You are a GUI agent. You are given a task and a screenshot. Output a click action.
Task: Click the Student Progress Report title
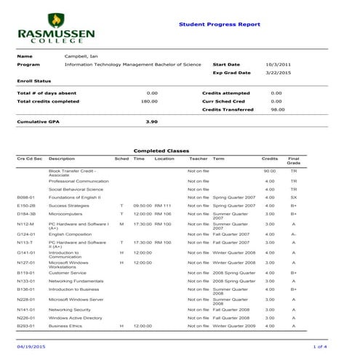click(x=219, y=24)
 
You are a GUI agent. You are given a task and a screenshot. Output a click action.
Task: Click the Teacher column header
click(x=198, y=158)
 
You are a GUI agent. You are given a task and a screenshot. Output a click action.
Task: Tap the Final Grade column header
click(x=293, y=160)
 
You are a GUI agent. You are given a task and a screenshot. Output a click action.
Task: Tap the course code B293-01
click(x=27, y=326)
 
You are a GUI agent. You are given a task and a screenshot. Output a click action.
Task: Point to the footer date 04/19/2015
click(x=29, y=347)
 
